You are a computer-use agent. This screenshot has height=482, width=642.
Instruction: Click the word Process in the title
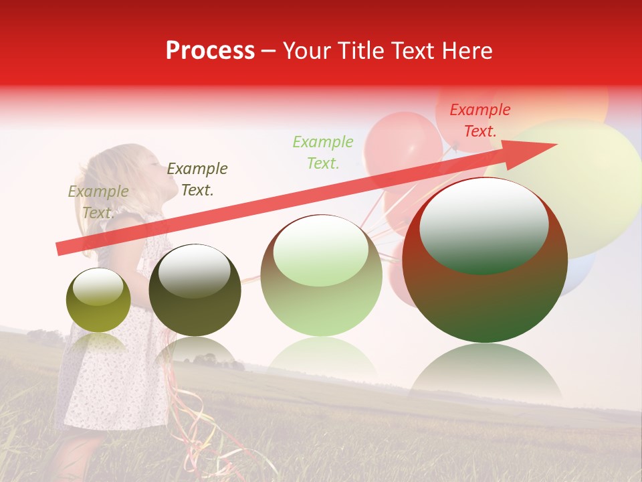click(210, 51)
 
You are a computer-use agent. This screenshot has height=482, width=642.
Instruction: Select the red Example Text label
click(479, 120)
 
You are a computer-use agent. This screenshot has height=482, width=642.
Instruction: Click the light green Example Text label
click(323, 152)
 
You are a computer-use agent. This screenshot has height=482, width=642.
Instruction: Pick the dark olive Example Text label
click(197, 179)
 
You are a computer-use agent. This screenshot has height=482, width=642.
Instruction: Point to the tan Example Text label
click(98, 202)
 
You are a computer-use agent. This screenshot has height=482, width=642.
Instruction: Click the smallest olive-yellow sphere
click(98, 301)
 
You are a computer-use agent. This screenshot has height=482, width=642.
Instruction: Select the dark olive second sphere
click(195, 291)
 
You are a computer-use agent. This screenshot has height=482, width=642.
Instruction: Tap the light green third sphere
click(321, 276)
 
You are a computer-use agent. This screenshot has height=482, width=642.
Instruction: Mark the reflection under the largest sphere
click(486, 375)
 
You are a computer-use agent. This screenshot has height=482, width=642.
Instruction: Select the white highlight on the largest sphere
click(484, 221)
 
